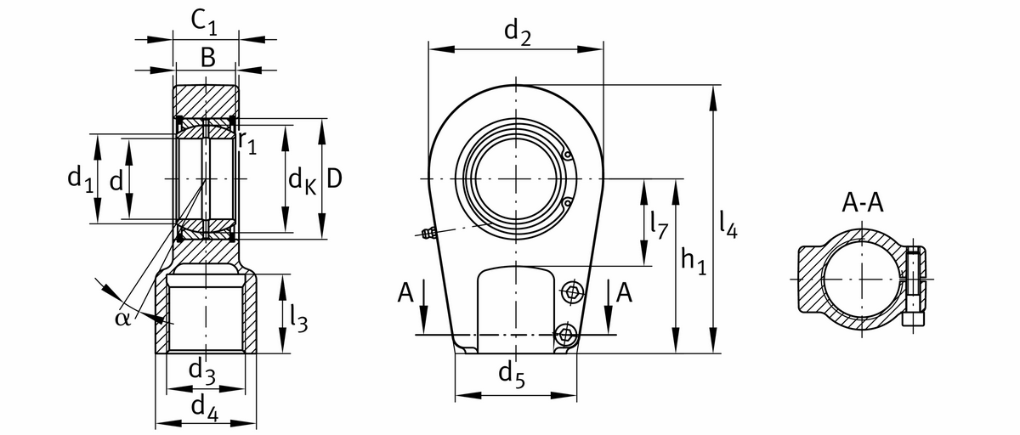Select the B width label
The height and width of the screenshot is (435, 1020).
[x=207, y=57]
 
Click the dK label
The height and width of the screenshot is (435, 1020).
[x=302, y=180]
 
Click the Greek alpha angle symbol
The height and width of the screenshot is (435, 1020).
[x=122, y=318]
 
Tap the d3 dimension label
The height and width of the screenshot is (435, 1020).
[x=201, y=370]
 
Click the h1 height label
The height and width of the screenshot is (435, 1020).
[x=694, y=261]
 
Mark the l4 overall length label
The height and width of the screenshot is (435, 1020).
[x=728, y=223]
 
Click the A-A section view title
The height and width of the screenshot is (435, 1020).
[x=862, y=203]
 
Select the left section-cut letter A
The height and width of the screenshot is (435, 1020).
[x=405, y=294]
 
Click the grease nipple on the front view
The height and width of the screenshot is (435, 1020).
[x=428, y=234]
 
